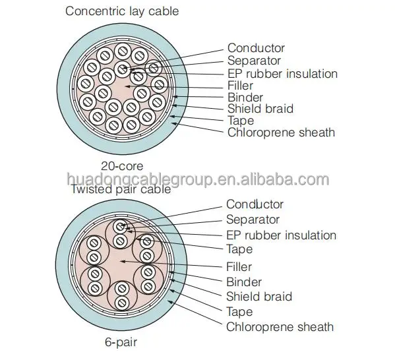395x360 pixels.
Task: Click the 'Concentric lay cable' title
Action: point(122,12)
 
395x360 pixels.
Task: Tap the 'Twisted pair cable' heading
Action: point(121,189)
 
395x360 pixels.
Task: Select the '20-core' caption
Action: point(122,166)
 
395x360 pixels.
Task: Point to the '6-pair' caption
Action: point(121,342)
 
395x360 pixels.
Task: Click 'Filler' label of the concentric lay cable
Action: point(240,86)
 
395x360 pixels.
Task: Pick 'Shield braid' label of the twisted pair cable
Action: point(259,297)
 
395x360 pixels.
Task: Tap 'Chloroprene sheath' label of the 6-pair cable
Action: point(280,327)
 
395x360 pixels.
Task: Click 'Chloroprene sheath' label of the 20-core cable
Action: point(281,133)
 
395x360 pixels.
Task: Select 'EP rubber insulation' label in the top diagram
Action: point(282,74)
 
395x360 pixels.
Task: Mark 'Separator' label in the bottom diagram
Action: point(253,220)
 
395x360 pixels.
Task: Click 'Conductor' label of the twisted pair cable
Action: point(255,204)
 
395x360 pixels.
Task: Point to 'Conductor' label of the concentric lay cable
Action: point(256,48)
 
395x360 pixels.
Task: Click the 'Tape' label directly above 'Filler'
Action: point(239,249)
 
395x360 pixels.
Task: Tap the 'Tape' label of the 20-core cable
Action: point(241,121)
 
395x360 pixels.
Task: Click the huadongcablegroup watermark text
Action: point(198,179)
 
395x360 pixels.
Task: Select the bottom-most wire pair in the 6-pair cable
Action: point(122,295)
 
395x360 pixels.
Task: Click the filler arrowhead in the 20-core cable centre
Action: point(128,86)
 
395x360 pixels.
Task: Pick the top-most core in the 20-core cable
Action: point(123,51)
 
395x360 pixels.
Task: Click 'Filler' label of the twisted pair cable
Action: point(239,267)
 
